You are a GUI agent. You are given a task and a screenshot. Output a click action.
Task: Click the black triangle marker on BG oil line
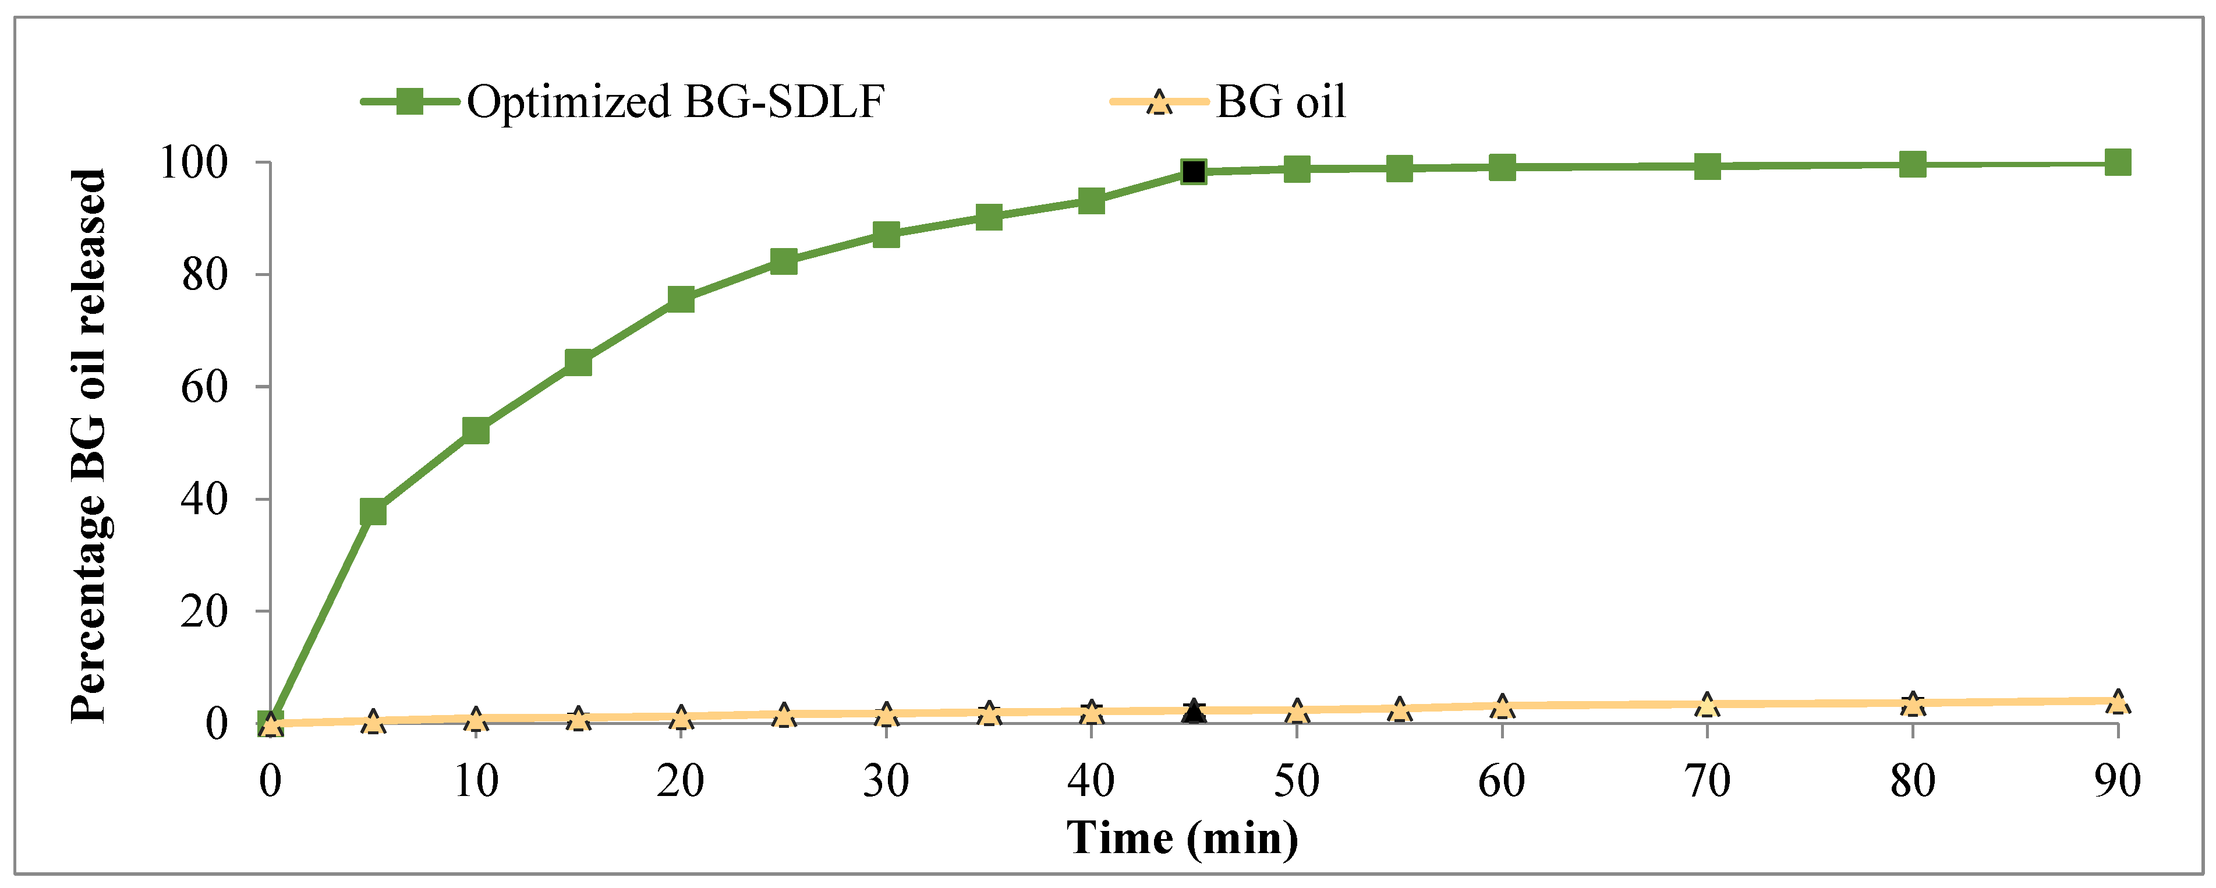(x=1193, y=711)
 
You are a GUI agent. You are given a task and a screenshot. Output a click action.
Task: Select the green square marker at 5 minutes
(x=373, y=512)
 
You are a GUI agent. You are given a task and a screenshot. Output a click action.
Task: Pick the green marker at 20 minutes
(x=681, y=299)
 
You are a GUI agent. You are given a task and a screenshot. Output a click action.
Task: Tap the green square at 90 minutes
(x=2117, y=162)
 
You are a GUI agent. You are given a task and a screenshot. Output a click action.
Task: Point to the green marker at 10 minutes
(x=476, y=430)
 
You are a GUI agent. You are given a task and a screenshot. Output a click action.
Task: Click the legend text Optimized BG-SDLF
(x=675, y=101)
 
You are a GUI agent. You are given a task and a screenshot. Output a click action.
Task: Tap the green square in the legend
(x=409, y=101)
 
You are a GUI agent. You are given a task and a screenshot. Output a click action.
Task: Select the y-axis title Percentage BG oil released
(x=89, y=445)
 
